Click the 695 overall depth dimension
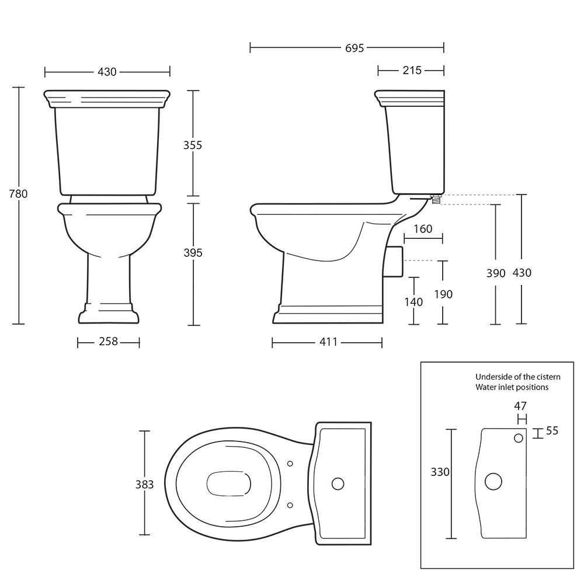click(x=354, y=48)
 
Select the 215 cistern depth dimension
click(x=412, y=71)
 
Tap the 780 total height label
click(x=18, y=194)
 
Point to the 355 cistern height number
click(x=193, y=145)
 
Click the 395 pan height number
click(x=193, y=253)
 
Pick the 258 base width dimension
click(x=109, y=342)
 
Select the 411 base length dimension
click(x=328, y=342)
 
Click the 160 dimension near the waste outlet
click(x=423, y=229)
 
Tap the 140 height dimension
click(x=414, y=302)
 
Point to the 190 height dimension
click(x=443, y=294)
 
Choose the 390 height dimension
click(x=496, y=273)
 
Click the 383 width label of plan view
click(x=144, y=484)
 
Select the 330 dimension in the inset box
click(x=440, y=472)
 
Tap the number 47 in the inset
click(x=520, y=406)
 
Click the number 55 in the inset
click(x=552, y=431)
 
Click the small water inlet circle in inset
click(x=519, y=439)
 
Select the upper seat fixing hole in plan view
click(x=290, y=464)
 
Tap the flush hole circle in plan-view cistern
click(x=338, y=484)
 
